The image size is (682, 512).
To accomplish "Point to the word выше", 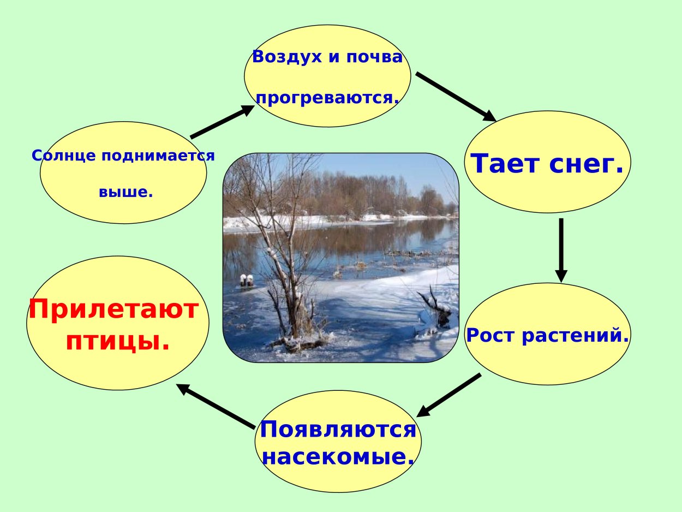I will pyautogui.click(x=125, y=192).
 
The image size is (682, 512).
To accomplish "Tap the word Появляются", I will pyautogui.click(x=338, y=430).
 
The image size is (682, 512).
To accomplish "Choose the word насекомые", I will pyautogui.click(x=338, y=456).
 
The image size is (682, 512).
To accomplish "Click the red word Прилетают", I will pyautogui.click(x=113, y=310).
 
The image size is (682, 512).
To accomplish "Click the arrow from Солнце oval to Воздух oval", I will pyautogui.click(x=222, y=122).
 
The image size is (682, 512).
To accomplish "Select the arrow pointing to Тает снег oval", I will pyautogui.click(x=456, y=96).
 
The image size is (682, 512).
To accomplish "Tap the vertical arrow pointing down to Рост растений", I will pyautogui.click(x=561, y=250).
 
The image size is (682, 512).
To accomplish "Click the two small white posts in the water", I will pyautogui.click(x=247, y=280).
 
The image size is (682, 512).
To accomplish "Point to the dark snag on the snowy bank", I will pyautogui.click(x=435, y=308).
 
